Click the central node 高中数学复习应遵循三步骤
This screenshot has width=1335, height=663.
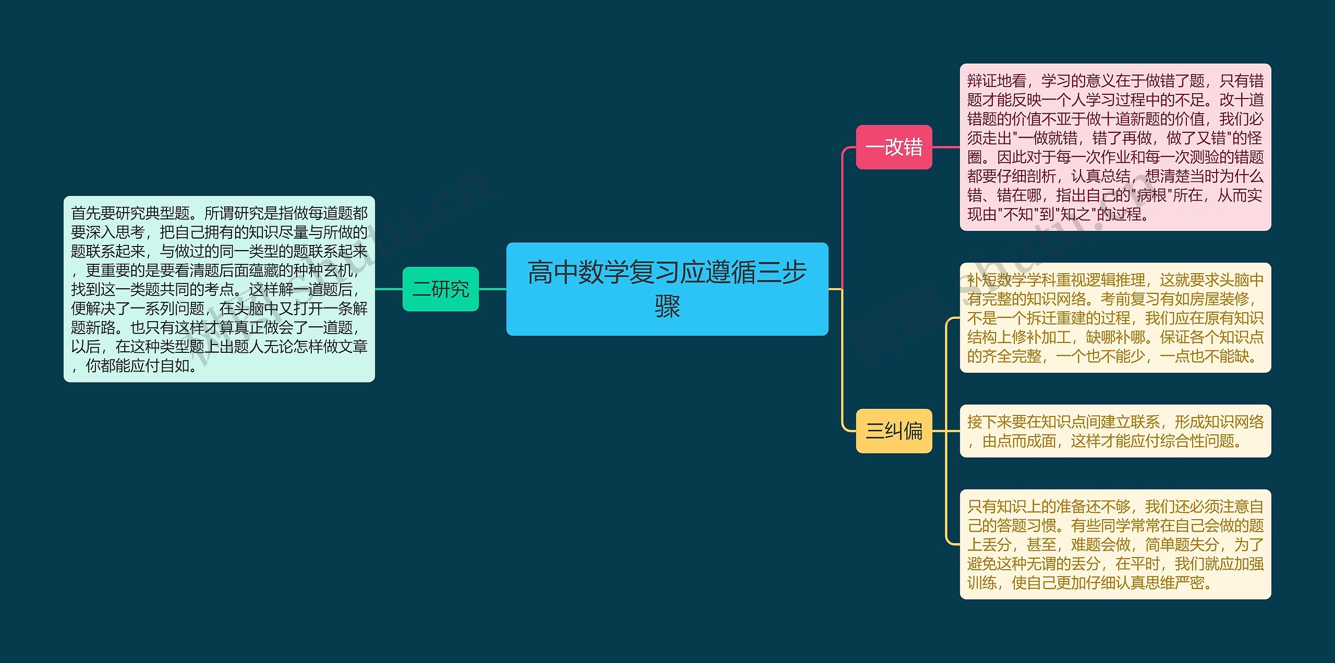coord(667,288)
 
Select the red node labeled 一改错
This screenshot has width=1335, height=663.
coord(893,147)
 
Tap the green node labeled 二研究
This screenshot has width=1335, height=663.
coord(440,289)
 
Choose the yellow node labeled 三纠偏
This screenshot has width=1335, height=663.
coord(893,431)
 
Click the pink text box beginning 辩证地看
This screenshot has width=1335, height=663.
coord(1115,147)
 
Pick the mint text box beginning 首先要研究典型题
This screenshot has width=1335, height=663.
coord(219,289)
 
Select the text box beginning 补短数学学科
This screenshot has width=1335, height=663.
coord(1115,317)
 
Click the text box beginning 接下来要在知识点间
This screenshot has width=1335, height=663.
coord(1115,431)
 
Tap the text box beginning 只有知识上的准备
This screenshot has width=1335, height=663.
coord(1115,544)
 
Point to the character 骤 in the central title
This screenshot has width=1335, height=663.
coord(667,306)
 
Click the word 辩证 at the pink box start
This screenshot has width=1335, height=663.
coord(982,81)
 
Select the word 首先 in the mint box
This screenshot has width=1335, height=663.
coord(86,213)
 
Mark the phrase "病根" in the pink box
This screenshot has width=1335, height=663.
coord(1151,195)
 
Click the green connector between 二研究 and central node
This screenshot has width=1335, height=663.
coord(492,289)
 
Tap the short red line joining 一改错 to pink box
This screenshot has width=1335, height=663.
coord(945,147)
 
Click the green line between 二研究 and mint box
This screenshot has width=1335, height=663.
coord(389,289)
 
